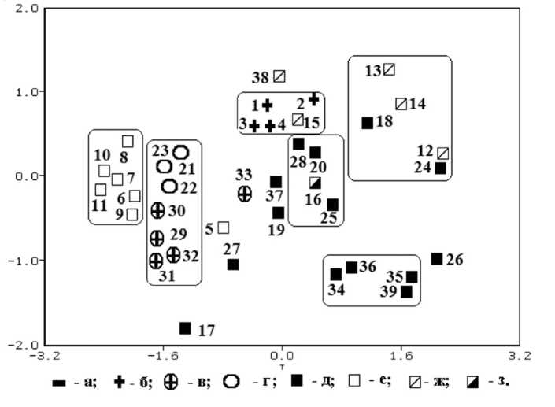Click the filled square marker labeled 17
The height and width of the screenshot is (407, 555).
pyautogui.click(x=185, y=328)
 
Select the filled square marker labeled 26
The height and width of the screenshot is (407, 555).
pyautogui.click(x=437, y=259)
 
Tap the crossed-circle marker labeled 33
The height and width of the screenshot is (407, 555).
pyautogui.click(x=245, y=193)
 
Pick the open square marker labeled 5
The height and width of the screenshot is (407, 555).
pyautogui.click(x=224, y=228)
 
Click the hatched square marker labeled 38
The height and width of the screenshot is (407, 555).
pyautogui.click(x=279, y=76)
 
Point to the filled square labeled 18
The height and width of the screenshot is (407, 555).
pyautogui.click(x=367, y=123)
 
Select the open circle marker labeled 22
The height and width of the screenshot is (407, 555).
pyautogui.click(x=169, y=186)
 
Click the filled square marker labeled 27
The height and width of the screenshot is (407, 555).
pyautogui.click(x=233, y=265)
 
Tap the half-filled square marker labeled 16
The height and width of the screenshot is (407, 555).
pyautogui.click(x=315, y=183)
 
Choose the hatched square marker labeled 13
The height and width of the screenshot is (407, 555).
pyautogui.click(x=389, y=69)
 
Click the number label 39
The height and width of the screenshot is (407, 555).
pyautogui.click(x=388, y=292)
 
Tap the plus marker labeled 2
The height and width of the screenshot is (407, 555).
pyautogui.click(x=314, y=98)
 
